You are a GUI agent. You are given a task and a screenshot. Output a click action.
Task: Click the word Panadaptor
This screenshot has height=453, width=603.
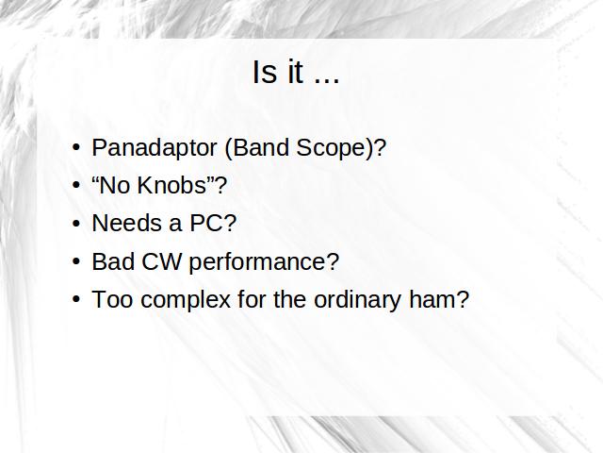155,148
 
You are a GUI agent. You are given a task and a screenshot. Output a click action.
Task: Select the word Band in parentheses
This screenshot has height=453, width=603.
261,147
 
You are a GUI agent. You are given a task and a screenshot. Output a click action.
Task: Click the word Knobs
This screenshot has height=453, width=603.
172,185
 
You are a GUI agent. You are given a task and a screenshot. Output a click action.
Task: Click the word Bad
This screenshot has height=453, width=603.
113,261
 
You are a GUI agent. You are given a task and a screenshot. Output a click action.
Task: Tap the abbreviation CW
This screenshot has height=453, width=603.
161,261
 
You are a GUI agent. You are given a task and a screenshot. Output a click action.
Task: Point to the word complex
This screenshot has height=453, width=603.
186,301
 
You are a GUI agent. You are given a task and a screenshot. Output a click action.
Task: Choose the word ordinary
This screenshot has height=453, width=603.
358,301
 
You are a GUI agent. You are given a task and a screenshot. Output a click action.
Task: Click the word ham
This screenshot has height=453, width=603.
432,299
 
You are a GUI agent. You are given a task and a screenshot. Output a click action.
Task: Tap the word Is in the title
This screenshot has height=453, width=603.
265,72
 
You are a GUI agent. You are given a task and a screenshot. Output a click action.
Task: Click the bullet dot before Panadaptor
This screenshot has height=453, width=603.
76,147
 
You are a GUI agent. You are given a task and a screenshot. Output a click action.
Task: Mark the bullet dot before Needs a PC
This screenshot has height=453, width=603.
76,223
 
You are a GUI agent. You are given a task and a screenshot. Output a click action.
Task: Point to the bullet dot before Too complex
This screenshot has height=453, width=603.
76,299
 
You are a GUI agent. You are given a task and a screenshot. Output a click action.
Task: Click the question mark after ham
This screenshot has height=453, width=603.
463,299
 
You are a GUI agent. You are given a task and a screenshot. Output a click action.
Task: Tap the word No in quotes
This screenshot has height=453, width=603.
115,185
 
